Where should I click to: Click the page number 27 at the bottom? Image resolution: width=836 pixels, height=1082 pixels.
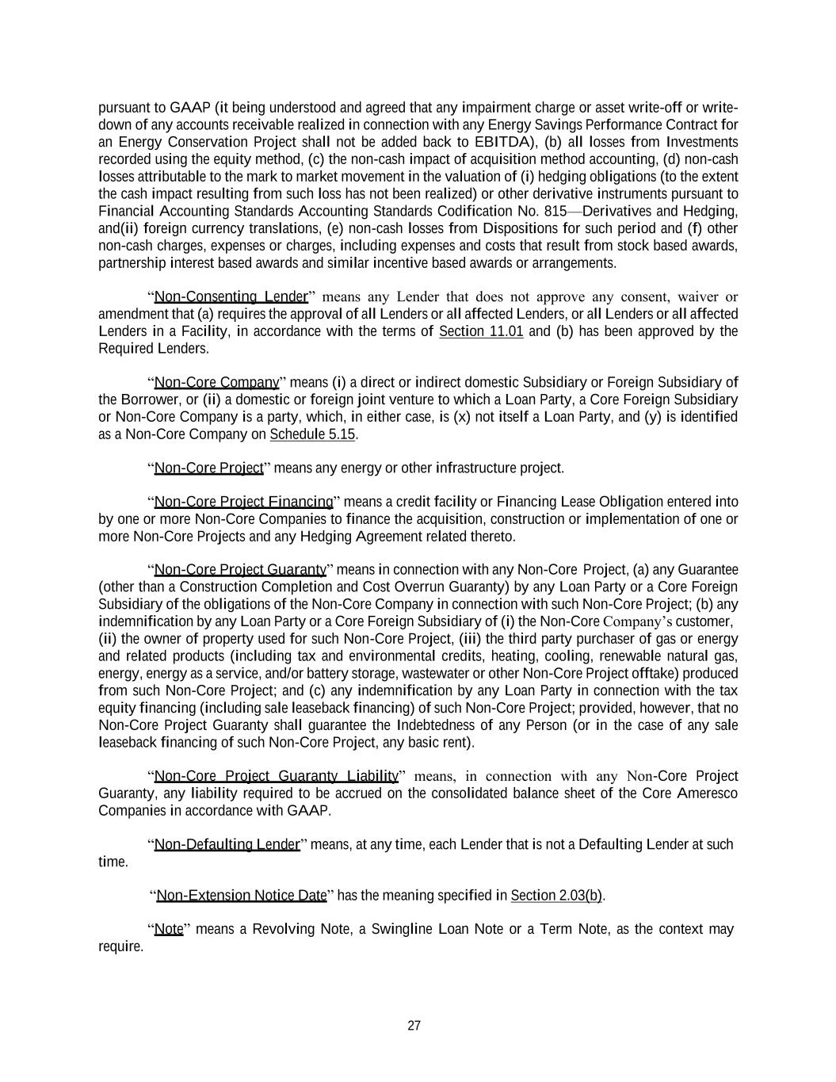[414, 1026]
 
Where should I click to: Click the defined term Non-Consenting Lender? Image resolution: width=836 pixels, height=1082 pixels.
[231, 297]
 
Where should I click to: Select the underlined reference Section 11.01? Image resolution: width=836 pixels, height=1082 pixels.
[481, 331]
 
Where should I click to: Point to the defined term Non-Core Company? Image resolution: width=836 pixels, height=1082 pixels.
[216, 383]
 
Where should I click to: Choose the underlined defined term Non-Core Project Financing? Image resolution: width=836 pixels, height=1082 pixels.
[243, 502]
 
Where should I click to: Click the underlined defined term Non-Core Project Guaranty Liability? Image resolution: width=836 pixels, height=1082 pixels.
[276, 776]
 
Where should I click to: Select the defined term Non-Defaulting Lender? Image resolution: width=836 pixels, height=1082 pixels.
[227, 844]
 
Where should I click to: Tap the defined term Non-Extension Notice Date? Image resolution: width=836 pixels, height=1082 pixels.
[242, 896]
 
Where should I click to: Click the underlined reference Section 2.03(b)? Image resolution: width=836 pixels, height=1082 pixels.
[556, 896]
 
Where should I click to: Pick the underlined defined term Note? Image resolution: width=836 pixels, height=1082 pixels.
[169, 929]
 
